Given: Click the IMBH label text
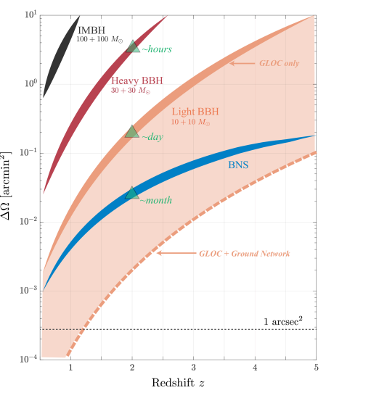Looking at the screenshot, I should [91, 30].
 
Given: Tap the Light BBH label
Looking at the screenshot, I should [195, 112].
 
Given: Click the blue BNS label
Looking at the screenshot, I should [238, 165].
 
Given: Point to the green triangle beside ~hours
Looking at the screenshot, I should [132, 47].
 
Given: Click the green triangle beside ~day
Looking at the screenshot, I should [132, 133].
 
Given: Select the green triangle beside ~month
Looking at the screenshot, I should [131, 193].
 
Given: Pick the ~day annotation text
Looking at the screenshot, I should [152, 137].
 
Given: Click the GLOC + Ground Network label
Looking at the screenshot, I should [244, 254].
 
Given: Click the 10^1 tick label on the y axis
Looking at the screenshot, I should [30, 14].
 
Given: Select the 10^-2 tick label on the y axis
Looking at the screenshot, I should [29, 221].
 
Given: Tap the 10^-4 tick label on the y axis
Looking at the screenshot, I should [29, 359].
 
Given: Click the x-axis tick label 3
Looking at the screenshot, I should [193, 368].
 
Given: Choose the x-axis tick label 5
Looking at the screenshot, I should [316, 368].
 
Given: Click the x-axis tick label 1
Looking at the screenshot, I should [70, 368].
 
